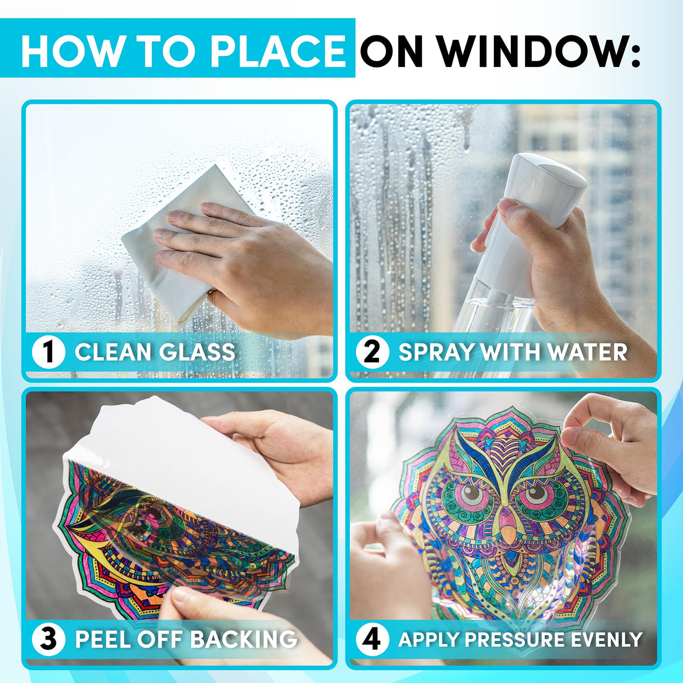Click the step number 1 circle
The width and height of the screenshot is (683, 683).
(x=48, y=352)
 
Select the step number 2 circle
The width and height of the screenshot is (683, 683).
(x=372, y=352)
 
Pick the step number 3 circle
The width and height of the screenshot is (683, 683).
(x=48, y=639)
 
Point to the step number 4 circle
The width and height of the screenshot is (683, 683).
(x=372, y=639)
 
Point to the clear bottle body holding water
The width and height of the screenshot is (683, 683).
(x=501, y=315)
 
